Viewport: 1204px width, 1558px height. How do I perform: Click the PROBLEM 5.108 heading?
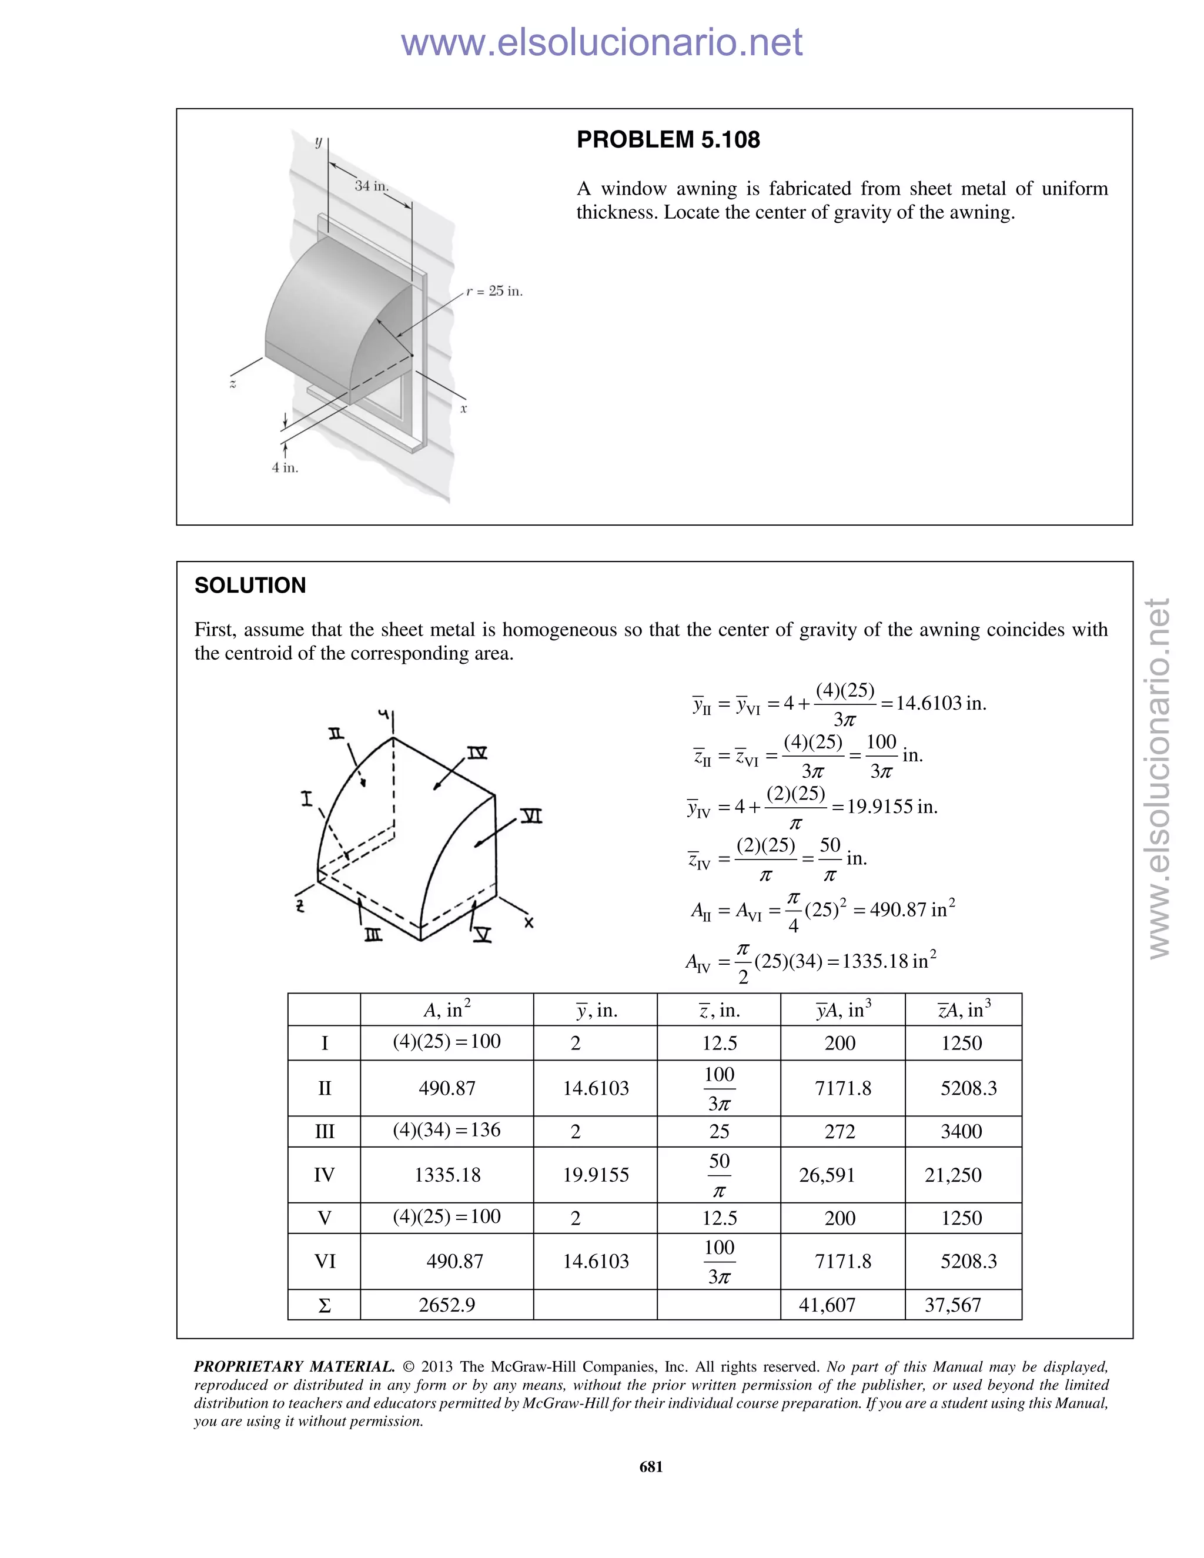pyautogui.click(x=668, y=140)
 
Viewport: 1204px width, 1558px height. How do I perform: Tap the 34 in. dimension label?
pyautogui.click(x=371, y=185)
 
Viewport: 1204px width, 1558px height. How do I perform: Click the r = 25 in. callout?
pyautogui.click(x=494, y=291)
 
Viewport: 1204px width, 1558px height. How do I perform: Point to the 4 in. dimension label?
pyautogui.click(x=285, y=468)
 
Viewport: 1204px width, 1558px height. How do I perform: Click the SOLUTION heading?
pyautogui.click(x=250, y=586)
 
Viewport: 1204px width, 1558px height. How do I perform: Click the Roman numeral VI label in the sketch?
pyautogui.click(x=531, y=815)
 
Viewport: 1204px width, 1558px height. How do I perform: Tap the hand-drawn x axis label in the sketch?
pyautogui.click(x=529, y=923)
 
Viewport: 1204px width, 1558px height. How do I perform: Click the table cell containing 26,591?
pyautogui.click(x=827, y=1175)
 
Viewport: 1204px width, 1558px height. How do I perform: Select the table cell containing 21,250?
pyautogui.click(x=953, y=1175)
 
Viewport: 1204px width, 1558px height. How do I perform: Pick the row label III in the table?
pyautogui.click(x=325, y=1131)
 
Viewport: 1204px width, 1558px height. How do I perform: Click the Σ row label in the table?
pyautogui.click(x=325, y=1305)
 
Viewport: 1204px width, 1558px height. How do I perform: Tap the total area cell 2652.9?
pyautogui.click(x=447, y=1305)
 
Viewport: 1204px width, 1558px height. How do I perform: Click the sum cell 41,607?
pyautogui.click(x=827, y=1305)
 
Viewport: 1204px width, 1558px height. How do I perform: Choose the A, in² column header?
pyautogui.click(x=447, y=1009)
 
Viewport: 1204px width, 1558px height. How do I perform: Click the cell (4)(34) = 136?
pyautogui.click(x=447, y=1130)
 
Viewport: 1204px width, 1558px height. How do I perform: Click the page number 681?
pyautogui.click(x=651, y=1467)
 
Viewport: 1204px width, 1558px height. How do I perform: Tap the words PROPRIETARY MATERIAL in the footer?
pyautogui.click(x=294, y=1367)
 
